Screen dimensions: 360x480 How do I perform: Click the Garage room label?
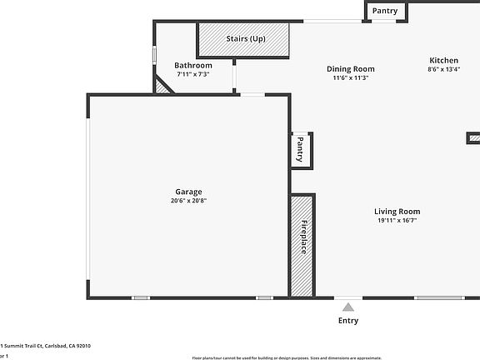click(187, 192)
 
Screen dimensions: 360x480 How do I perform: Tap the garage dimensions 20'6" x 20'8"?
click(187, 201)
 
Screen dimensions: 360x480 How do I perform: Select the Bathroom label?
click(192, 65)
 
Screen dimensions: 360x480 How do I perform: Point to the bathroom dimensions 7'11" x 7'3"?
click(192, 74)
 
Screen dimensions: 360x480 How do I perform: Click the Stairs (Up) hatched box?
click(243, 39)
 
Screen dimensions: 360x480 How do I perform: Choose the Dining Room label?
click(350, 69)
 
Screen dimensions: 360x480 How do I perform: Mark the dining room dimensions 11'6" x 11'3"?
click(350, 77)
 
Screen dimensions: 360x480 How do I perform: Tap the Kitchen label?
click(443, 60)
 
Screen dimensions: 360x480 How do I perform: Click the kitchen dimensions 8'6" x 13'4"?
click(443, 69)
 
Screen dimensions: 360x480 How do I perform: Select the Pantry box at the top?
click(385, 11)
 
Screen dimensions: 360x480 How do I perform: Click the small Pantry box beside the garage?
click(300, 150)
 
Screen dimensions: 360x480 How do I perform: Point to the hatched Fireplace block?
click(302, 245)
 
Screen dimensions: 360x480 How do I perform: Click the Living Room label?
click(397, 212)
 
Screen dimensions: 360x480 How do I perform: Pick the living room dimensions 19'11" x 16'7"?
click(397, 221)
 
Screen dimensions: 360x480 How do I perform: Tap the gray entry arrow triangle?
click(348, 307)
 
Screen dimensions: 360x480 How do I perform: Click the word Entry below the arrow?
click(348, 321)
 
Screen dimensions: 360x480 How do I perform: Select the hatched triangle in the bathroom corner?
click(162, 86)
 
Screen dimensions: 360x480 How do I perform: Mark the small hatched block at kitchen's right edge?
click(473, 137)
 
